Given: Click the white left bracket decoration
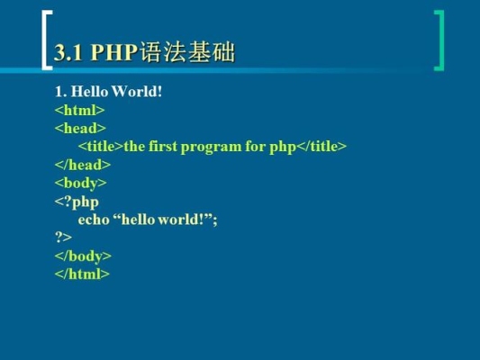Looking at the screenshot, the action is tap(43, 40).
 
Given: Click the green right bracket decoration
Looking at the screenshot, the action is tap(442, 40).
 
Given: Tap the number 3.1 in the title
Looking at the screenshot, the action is tap(68, 52).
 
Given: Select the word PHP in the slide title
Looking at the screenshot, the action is tap(114, 52).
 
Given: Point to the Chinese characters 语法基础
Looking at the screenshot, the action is tap(187, 52).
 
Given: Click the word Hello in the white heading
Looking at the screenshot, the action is tap(89, 92).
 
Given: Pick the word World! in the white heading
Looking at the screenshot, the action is tap(137, 92).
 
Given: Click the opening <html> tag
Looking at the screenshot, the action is tap(79, 110).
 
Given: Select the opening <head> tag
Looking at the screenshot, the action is tap(80, 128).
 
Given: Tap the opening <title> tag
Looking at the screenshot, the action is tap(101, 146).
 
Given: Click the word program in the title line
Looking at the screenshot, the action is tap(211, 148).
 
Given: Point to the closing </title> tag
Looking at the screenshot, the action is tap(322, 146).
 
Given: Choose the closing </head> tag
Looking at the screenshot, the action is tap(83, 165).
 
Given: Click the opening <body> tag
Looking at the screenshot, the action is tap(81, 184).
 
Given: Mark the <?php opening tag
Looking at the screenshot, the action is tap(77, 202).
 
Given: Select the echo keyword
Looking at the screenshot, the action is tap(94, 220).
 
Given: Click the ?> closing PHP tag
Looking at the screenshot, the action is tap(63, 237).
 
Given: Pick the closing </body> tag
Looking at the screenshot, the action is tap(83, 256).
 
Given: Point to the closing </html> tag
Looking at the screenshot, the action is tap(82, 274).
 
